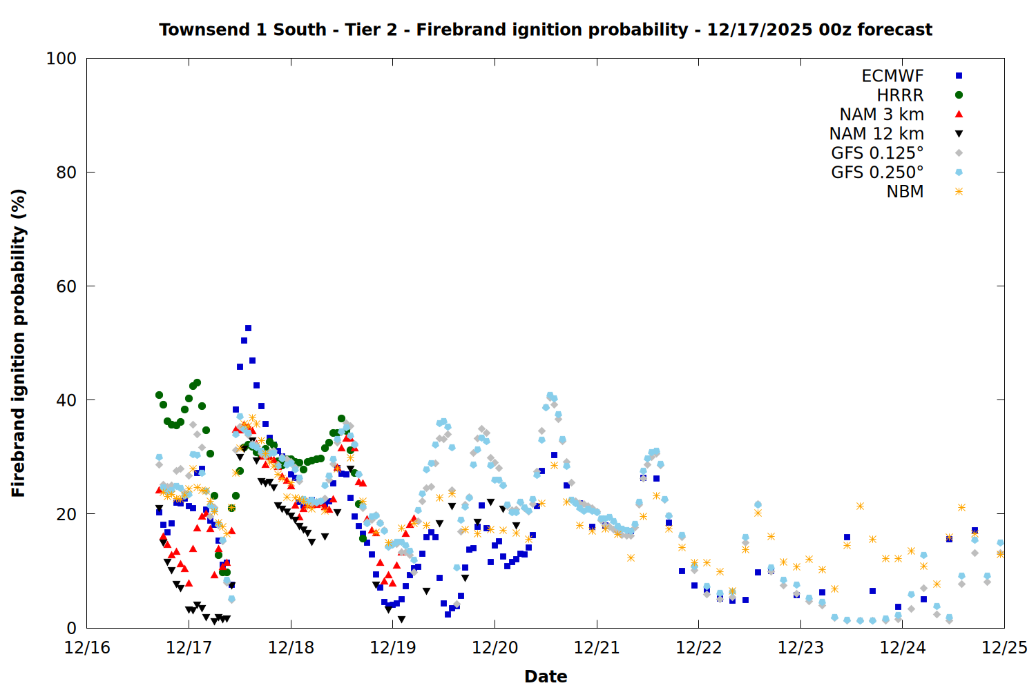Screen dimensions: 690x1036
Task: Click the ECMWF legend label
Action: (x=892, y=76)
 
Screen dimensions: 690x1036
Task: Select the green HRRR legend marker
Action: (x=959, y=95)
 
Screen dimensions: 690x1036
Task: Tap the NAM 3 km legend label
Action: (x=881, y=115)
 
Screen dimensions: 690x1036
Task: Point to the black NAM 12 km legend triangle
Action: (x=959, y=134)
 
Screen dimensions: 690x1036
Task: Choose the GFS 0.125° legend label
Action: (x=877, y=153)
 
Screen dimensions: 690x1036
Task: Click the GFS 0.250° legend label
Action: (x=877, y=172)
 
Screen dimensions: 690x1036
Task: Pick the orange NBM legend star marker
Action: (x=959, y=192)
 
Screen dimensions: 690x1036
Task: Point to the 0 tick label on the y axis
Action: (x=71, y=628)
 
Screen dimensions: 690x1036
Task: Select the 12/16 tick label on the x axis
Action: (x=87, y=648)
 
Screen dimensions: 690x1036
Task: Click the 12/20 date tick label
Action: (x=495, y=648)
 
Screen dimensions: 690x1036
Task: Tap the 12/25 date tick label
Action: (x=1004, y=648)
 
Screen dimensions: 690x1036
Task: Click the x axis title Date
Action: (x=546, y=676)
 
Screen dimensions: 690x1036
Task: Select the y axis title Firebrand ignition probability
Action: (x=18, y=343)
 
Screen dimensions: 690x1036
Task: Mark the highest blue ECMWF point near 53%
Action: (x=248, y=328)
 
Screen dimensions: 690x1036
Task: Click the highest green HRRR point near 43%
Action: (x=197, y=382)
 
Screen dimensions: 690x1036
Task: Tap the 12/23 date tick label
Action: (x=800, y=648)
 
